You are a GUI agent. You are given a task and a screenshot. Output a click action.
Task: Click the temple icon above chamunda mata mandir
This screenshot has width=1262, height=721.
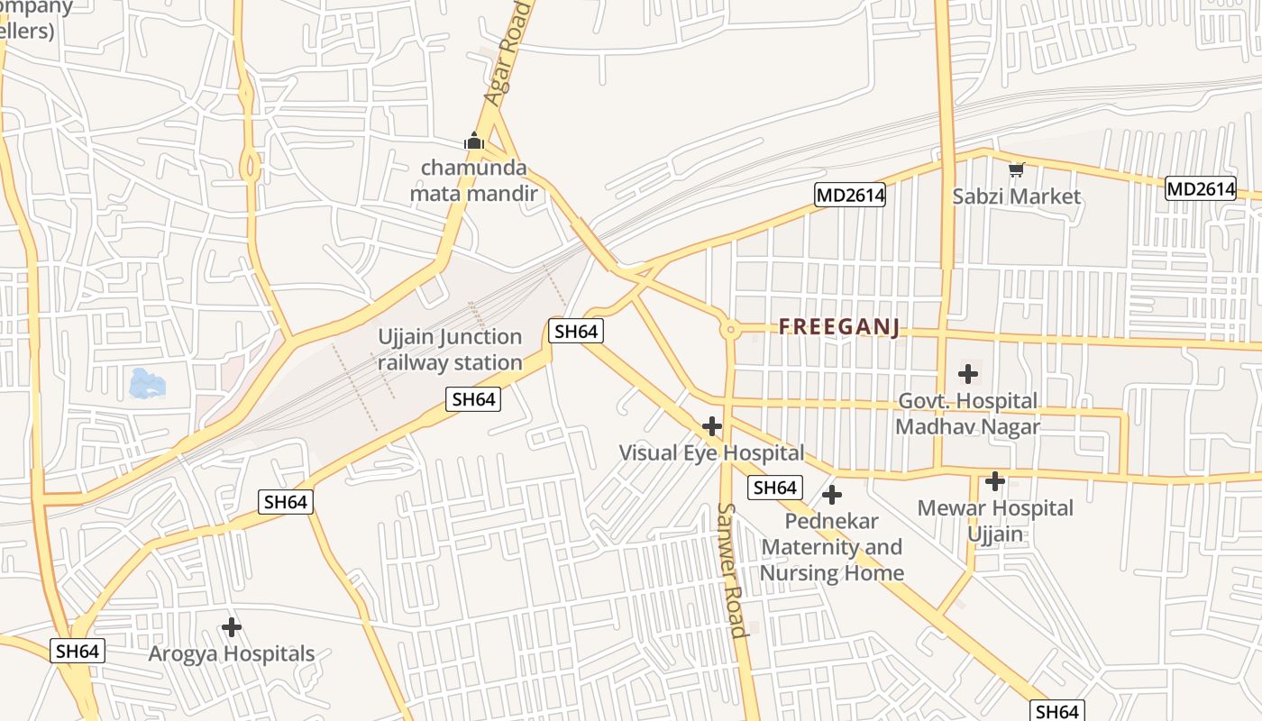pyautogui.click(x=474, y=141)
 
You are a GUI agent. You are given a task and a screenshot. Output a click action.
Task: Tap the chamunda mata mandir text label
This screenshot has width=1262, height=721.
pyautogui.click(x=474, y=181)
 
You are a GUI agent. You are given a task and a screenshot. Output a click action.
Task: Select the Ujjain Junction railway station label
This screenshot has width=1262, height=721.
pyautogui.click(x=450, y=350)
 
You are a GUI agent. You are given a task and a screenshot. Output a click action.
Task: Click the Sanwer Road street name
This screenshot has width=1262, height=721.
pyautogui.click(x=732, y=570)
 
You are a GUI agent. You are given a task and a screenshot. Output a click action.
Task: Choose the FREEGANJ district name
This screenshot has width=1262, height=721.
pyautogui.click(x=839, y=327)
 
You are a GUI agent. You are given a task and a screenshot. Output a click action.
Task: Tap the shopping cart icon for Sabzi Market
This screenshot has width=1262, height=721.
pyautogui.click(x=1017, y=169)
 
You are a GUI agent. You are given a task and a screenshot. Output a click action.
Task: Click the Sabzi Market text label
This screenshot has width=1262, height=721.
pyautogui.click(x=1017, y=196)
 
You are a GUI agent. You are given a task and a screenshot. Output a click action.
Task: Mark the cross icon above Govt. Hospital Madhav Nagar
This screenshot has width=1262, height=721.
pyautogui.click(x=968, y=373)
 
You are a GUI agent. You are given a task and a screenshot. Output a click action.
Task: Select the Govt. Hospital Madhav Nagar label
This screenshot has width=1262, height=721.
pyautogui.click(x=967, y=414)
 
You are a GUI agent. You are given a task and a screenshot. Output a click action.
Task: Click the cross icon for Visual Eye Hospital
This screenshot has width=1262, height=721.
pyautogui.click(x=712, y=426)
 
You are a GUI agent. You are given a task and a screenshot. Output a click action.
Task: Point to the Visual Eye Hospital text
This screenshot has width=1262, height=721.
pyautogui.click(x=711, y=452)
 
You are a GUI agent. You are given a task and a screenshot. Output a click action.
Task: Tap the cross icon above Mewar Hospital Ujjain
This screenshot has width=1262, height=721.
pyautogui.click(x=995, y=481)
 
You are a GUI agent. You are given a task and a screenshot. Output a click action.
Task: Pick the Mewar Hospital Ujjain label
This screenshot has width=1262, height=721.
pyautogui.click(x=995, y=521)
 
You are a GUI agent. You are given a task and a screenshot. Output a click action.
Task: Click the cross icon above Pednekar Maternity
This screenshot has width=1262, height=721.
pyautogui.click(x=832, y=495)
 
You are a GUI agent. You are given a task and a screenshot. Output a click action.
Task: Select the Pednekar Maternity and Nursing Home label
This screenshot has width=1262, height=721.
pyautogui.click(x=832, y=547)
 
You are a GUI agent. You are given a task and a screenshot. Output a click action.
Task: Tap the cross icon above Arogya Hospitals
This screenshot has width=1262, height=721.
pyautogui.click(x=232, y=626)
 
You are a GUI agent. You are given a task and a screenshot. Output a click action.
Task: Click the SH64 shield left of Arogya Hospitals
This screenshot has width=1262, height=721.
pyautogui.click(x=78, y=651)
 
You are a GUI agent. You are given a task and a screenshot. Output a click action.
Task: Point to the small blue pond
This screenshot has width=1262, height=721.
pyautogui.click(x=147, y=383)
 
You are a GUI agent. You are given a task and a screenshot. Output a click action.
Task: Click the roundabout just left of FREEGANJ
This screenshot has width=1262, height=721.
pyautogui.click(x=730, y=330)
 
